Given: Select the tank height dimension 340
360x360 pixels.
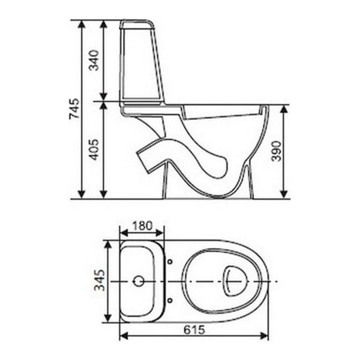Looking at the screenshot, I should click(x=95, y=61).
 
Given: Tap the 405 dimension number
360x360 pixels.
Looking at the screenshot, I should click(x=95, y=150).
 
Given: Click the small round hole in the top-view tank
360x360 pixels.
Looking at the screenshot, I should click(x=140, y=279).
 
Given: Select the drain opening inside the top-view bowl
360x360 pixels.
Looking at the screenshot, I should click(x=236, y=278).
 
